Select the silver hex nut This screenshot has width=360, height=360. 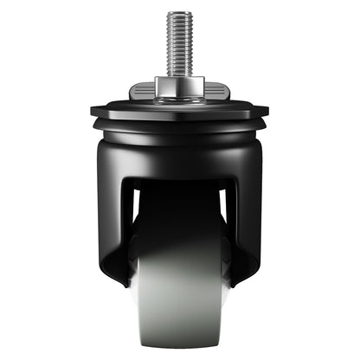(179, 87)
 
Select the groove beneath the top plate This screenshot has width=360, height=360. (179, 124)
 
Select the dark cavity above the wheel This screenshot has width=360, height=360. (179, 208)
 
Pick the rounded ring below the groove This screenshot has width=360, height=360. (179, 136)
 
